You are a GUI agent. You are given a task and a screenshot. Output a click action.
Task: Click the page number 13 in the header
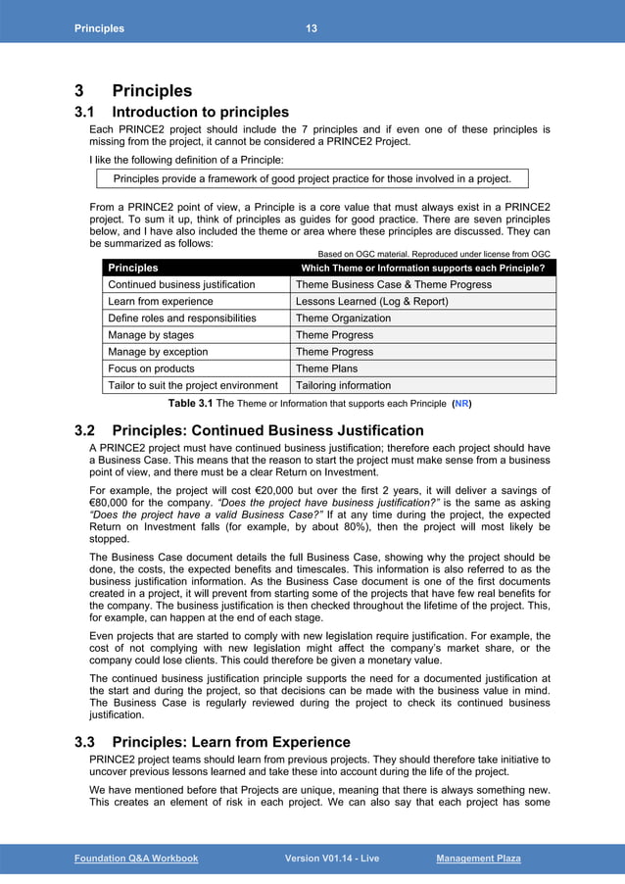click(311, 28)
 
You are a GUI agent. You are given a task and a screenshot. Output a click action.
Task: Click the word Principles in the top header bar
click(99, 28)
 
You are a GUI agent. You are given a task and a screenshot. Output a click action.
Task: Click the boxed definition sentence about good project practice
click(312, 178)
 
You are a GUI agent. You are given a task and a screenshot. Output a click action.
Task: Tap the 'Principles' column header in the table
click(132, 268)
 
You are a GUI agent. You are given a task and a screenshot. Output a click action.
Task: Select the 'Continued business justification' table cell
click(181, 284)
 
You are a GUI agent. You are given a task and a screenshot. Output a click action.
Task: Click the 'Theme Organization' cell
click(343, 319)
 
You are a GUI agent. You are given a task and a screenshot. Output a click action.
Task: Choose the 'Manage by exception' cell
click(158, 352)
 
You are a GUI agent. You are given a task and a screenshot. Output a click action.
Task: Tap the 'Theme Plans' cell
click(326, 368)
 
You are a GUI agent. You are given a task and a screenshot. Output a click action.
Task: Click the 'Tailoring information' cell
click(343, 385)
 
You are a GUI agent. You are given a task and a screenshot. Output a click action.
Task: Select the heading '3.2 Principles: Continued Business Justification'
click(249, 430)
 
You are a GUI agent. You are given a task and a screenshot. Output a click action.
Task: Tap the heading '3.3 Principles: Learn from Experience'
click(212, 742)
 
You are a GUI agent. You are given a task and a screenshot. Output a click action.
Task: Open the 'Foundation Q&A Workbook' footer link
click(136, 859)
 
